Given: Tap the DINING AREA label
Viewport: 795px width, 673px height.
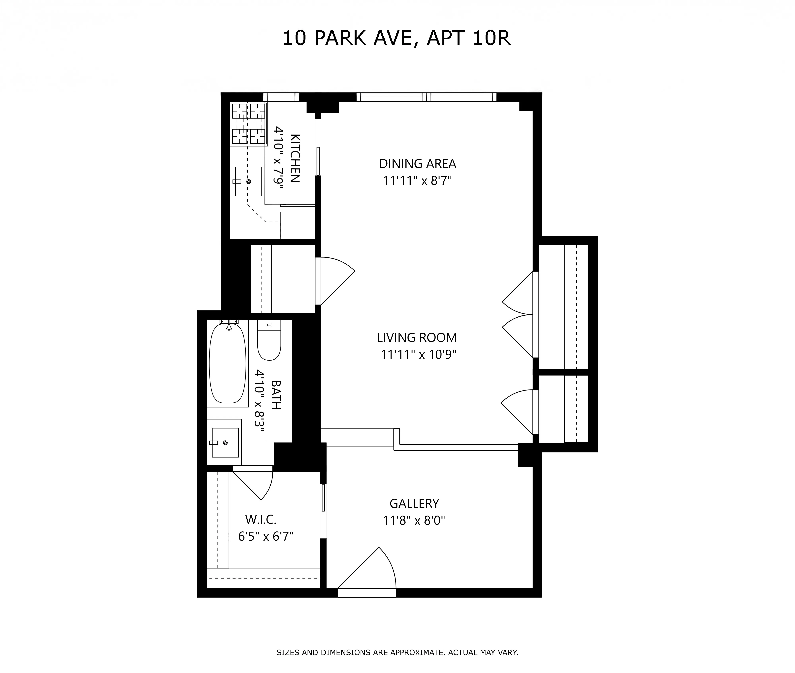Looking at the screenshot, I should tap(417, 164).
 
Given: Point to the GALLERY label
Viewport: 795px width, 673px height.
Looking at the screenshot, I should tap(414, 504).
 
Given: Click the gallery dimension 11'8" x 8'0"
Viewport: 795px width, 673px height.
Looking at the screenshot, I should tap(414, 521).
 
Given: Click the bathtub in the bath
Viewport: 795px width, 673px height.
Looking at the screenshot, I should tap(228, 363).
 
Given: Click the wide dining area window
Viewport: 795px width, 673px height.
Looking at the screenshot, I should tap(427, 97).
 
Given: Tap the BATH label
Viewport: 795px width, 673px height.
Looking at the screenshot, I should tap(276, 395).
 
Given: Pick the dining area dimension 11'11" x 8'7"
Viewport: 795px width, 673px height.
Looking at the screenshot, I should tap(417, 181).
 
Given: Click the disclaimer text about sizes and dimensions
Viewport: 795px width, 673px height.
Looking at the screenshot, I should tap(397, 652).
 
